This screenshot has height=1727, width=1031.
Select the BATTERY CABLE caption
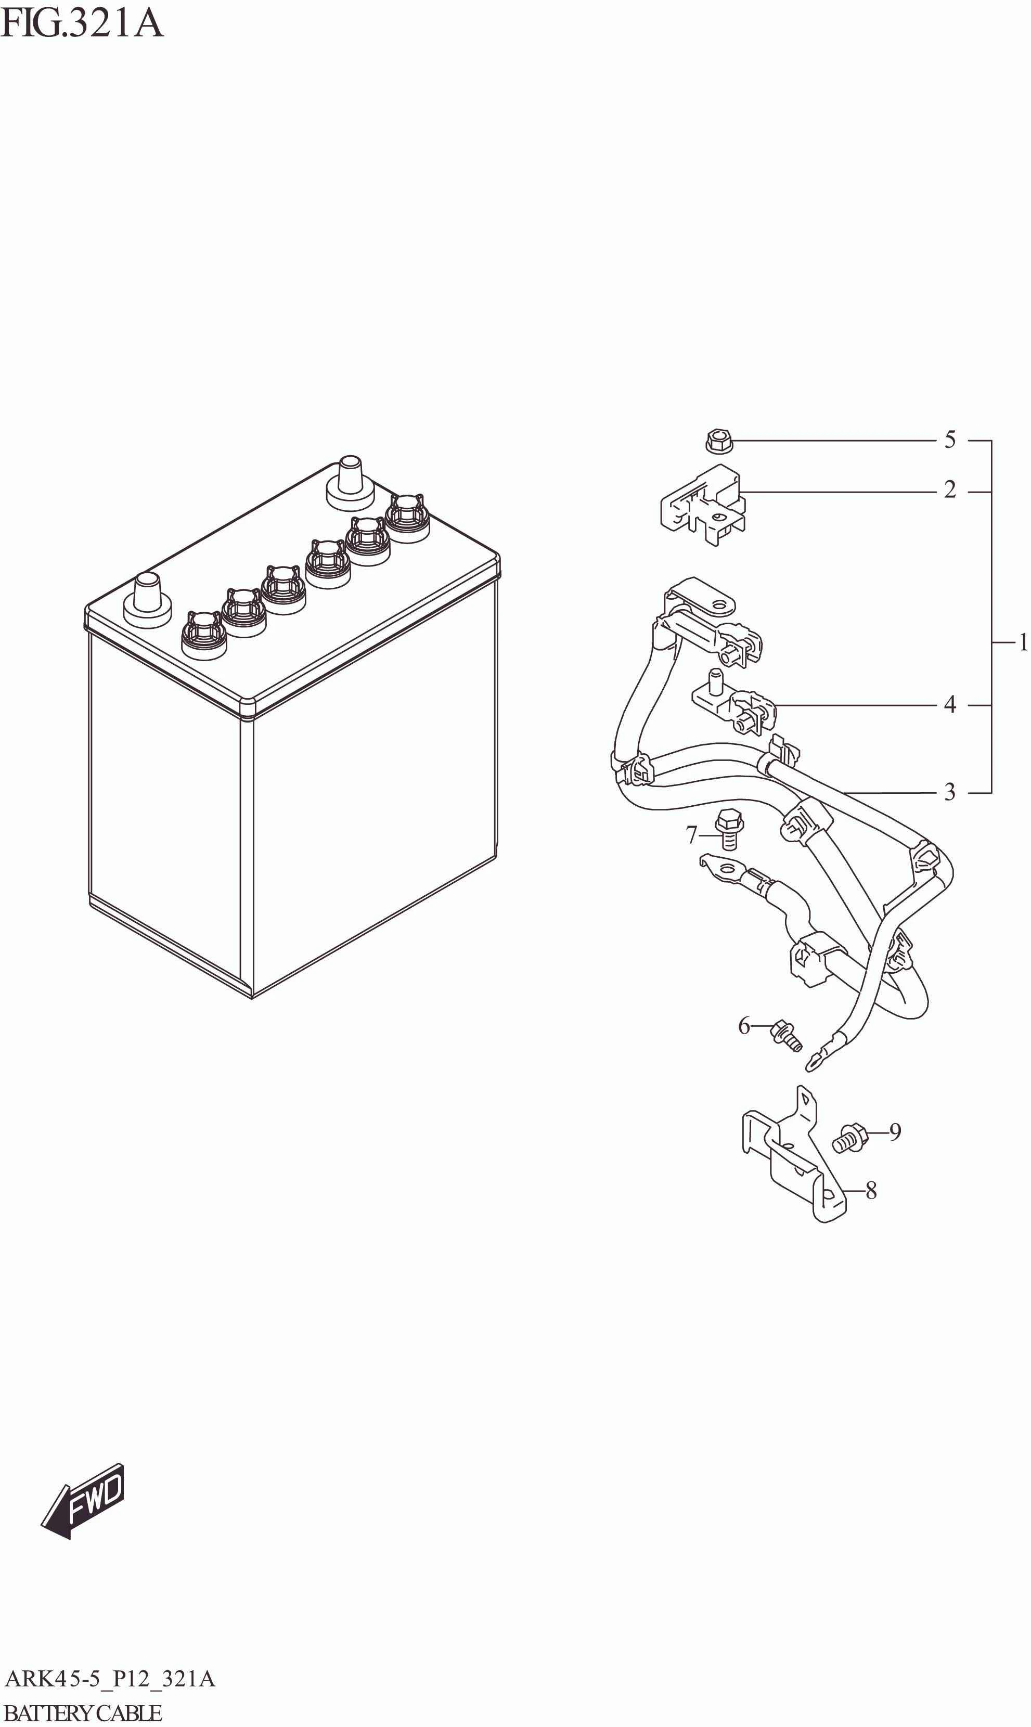[83, 1712]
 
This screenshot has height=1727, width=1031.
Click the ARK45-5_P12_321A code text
[110, 1679]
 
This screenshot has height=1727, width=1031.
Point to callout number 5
[950, 440]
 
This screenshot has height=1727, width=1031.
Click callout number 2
[950, 491]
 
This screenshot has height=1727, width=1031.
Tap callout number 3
[950, 792]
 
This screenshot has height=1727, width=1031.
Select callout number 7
[691, 834]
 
